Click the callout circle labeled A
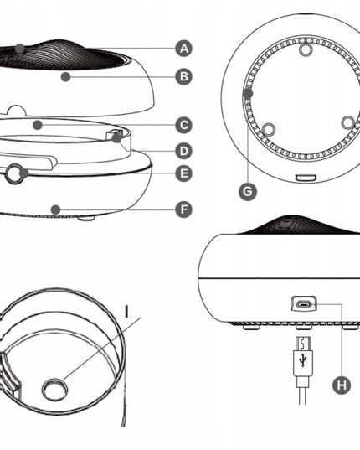click(x=183, y=49)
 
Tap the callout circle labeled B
click(x=183, y=76)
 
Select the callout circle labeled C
click(x=183, y=125)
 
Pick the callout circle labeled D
click(x=183, y=151)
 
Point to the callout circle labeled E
click(x=183, y=173)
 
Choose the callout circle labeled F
click(x=183, y=209)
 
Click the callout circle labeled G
click(x=248, y=191)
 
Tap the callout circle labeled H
click(x=342, y=385)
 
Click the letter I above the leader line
click(x=126, y=312)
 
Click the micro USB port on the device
click(x=304, y=303)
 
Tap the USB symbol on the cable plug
click(x=303, y=360)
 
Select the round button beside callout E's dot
click(x=14, y=173)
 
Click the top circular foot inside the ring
click(x=306, y=49)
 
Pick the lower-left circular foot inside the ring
click(x=269, y=129)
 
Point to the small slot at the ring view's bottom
click(x=306, y=178)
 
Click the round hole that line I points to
click(x=54, y=390)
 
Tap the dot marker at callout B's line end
click(x=65, y=76)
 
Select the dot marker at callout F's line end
click(x=55, y=209)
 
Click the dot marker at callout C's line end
click(x=38, y=125)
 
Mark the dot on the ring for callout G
click(x=248, y=93)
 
